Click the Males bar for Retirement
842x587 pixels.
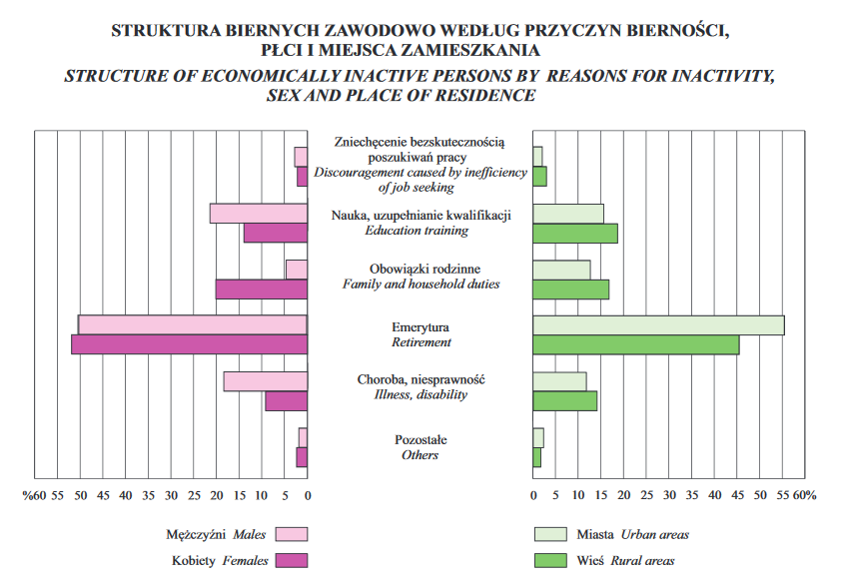coord(193,324)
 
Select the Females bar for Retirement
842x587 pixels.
coord(190,344)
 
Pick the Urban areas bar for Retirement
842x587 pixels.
coord(658,324)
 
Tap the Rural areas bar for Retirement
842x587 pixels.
coord(636,344)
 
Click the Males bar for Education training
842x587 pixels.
coord(259,213)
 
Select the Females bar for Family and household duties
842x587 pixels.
coord(262,289)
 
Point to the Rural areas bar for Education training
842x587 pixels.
coord(575,233)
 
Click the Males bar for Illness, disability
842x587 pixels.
coord(266,380)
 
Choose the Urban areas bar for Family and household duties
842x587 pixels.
coord(561,270)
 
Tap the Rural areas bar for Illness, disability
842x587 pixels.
coord(565,400)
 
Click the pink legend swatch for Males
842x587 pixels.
coord(292,534)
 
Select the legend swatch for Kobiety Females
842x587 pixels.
coord(292,560)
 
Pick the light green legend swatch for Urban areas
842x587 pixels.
coord(550,534)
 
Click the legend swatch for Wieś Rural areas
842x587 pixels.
coord(550,560)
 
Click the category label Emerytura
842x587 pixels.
coord(421,326)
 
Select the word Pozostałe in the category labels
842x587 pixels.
coord(421,439)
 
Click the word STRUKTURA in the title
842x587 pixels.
coord(163,30)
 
